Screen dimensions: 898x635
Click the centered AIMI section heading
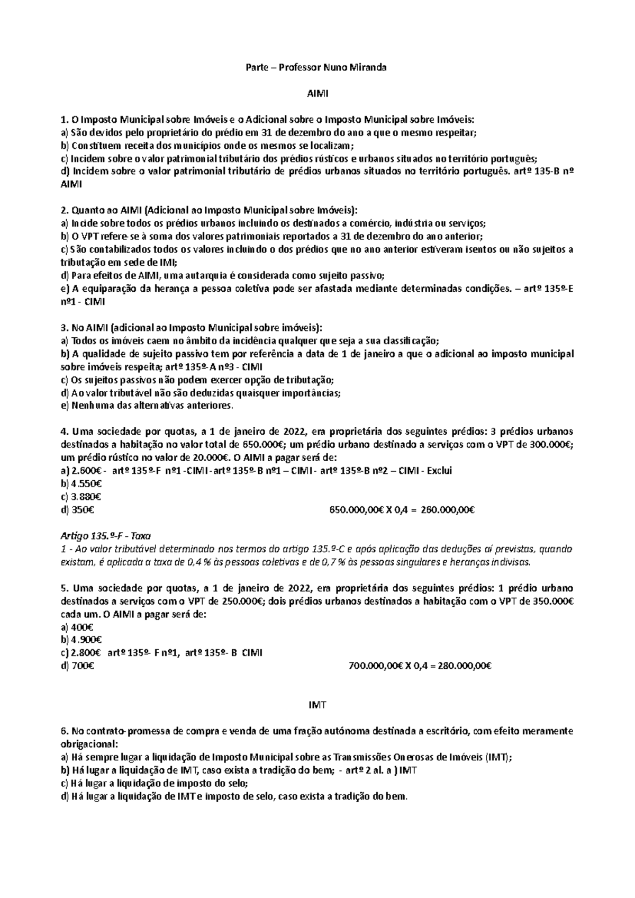317,94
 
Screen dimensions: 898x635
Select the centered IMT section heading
317,705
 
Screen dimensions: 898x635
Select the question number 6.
65,731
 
